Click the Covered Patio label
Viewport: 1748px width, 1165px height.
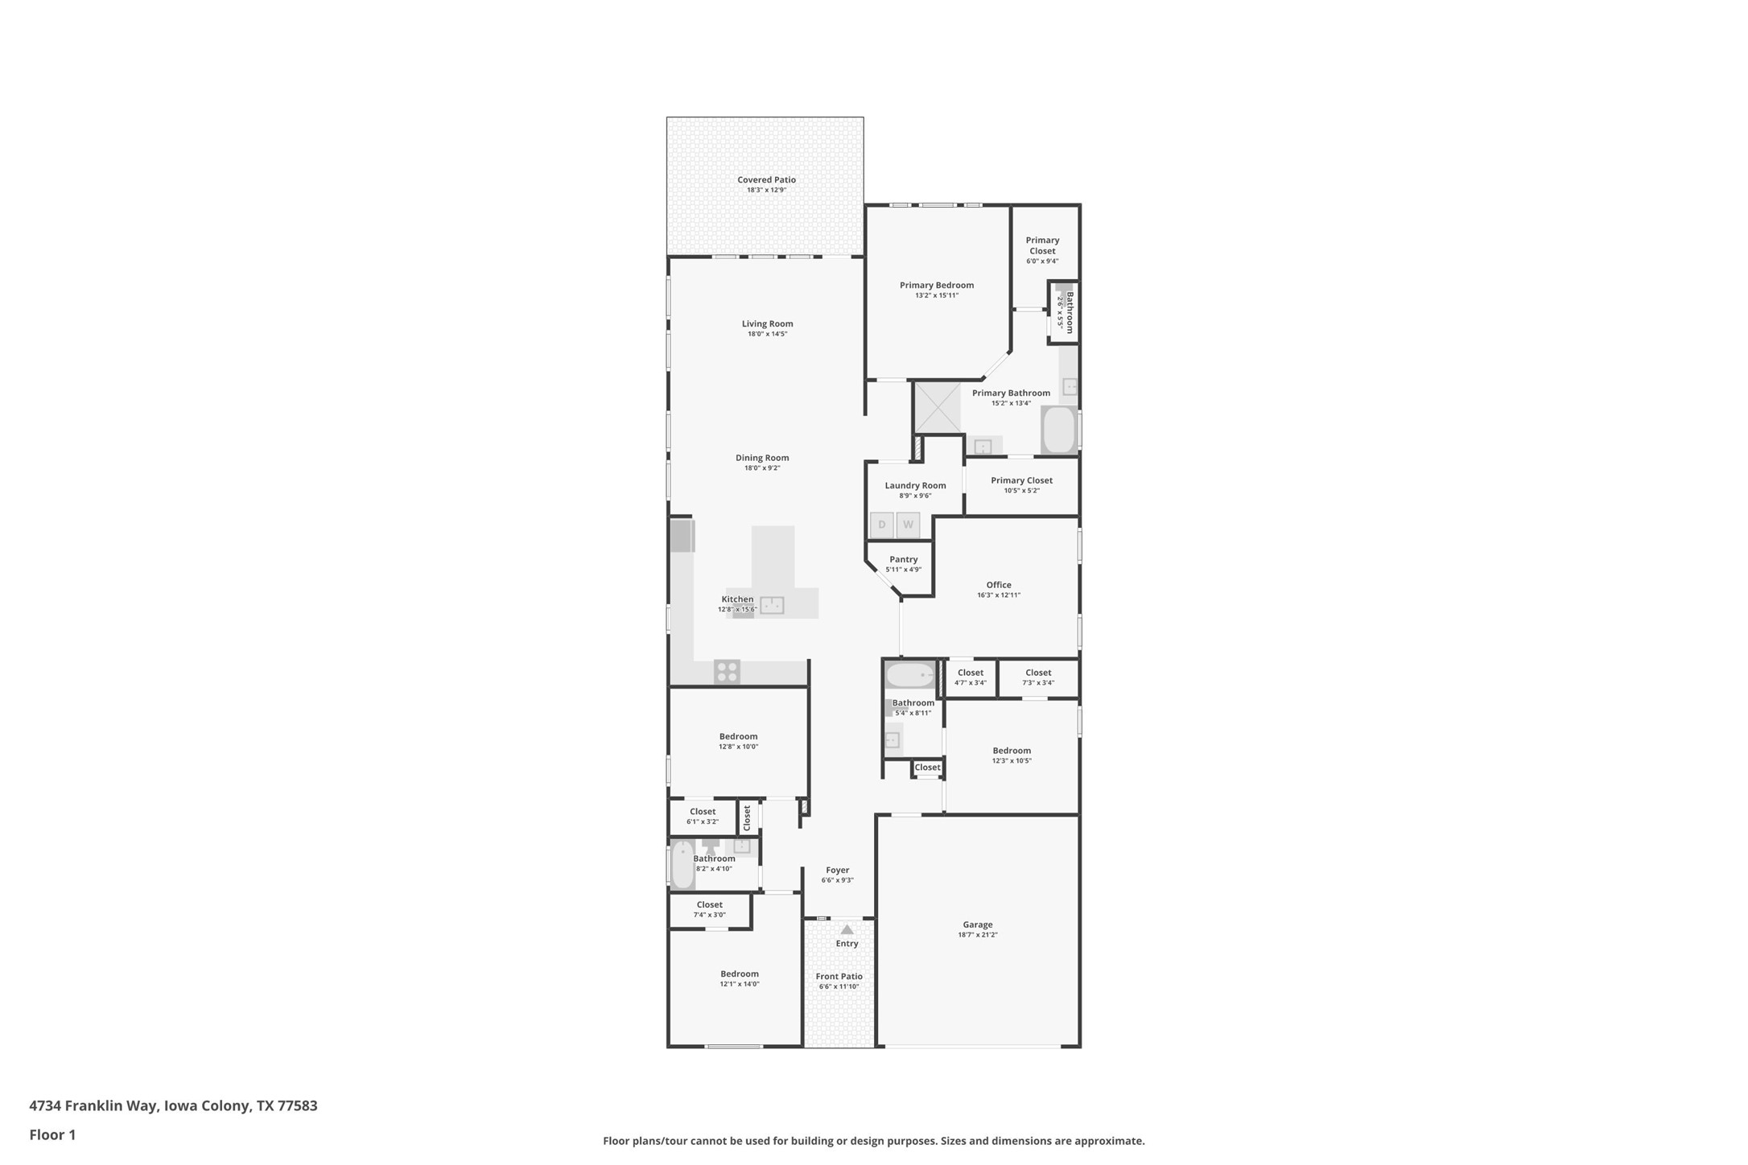tap(766, 180)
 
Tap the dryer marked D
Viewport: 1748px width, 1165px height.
tap(881, 525)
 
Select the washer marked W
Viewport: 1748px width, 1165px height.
tap(908, 525)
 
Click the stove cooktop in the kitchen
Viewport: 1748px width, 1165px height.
tap(727, 672)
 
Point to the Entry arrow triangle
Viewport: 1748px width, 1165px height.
tap(847, 929)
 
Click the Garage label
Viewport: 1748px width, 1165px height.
tap(977, 924)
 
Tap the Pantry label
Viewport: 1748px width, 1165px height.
tap(903, 559)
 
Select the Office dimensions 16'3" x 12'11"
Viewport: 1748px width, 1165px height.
tap(998, 595)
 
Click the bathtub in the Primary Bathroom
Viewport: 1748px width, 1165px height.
tap(1059, 430)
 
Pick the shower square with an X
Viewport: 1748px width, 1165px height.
tap(938, 407)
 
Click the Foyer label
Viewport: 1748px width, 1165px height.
tap(837, 870)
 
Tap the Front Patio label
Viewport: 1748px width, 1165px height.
tap(839, 976)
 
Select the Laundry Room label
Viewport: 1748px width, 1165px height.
tap(915, 485)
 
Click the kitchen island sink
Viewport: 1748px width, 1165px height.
tap(772, 605)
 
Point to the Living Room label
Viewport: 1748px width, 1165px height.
tap(767, 323)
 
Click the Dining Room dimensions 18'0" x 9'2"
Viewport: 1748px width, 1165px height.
tap(761, 468)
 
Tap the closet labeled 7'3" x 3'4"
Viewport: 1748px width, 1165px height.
tap(1037, 677)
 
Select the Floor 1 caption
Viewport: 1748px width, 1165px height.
tap(52, 1135)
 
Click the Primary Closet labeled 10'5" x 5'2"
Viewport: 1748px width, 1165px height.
tap(1021, 485)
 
